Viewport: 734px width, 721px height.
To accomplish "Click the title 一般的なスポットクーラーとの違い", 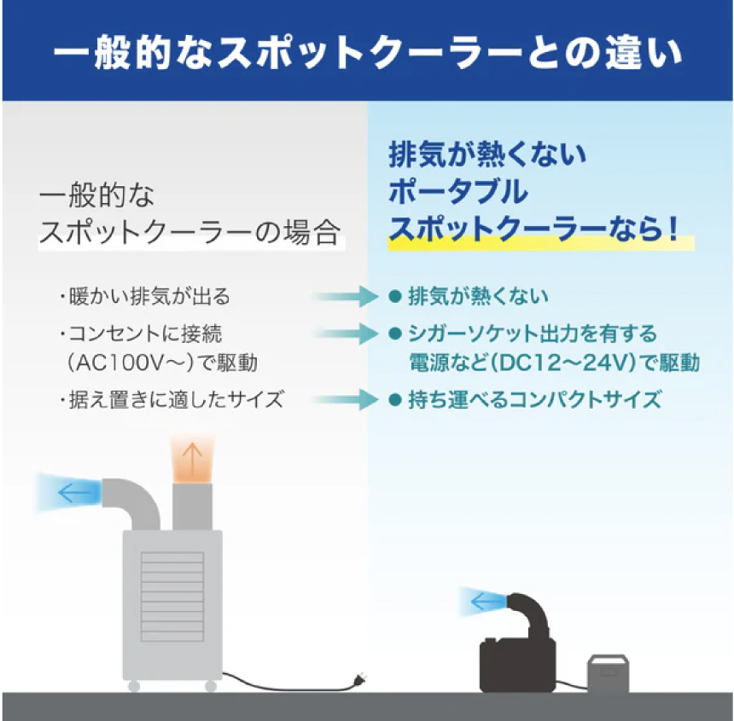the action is (368, 52).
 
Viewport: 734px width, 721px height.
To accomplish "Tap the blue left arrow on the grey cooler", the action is (75, 492).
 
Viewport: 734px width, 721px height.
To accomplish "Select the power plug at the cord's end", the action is (359, 678).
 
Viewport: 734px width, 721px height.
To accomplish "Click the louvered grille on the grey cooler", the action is (172, 596).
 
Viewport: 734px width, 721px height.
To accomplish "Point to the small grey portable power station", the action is (608, 672).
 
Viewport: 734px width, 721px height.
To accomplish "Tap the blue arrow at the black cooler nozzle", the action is (486, 601).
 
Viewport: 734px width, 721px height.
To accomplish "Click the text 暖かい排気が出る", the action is (149, 296).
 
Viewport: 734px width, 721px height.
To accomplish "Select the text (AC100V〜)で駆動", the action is (162, 363).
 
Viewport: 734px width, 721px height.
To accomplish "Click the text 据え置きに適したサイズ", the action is (176, 399).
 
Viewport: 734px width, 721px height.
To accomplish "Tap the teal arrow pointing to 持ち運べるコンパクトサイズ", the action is (345, 399).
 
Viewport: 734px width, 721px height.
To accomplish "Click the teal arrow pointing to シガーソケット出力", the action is (345, 334).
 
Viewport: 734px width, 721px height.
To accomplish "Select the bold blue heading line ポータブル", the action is (457, 191).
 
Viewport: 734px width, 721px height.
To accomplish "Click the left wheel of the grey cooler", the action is (134, 686).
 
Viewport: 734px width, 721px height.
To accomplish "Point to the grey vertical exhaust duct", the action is (192, 507).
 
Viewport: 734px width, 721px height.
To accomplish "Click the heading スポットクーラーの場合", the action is (189, 232).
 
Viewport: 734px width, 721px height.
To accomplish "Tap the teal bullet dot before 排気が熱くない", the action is (395, 296).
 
